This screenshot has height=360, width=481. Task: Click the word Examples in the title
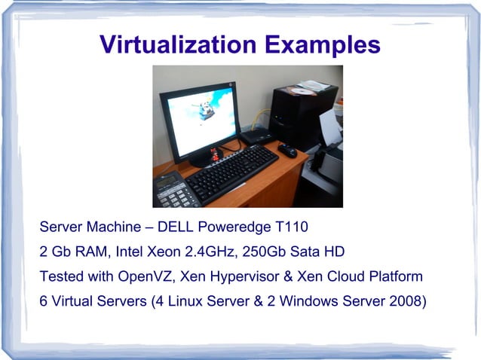tap(323, 44)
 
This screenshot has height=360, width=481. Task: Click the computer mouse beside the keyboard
tap(287, 150)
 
